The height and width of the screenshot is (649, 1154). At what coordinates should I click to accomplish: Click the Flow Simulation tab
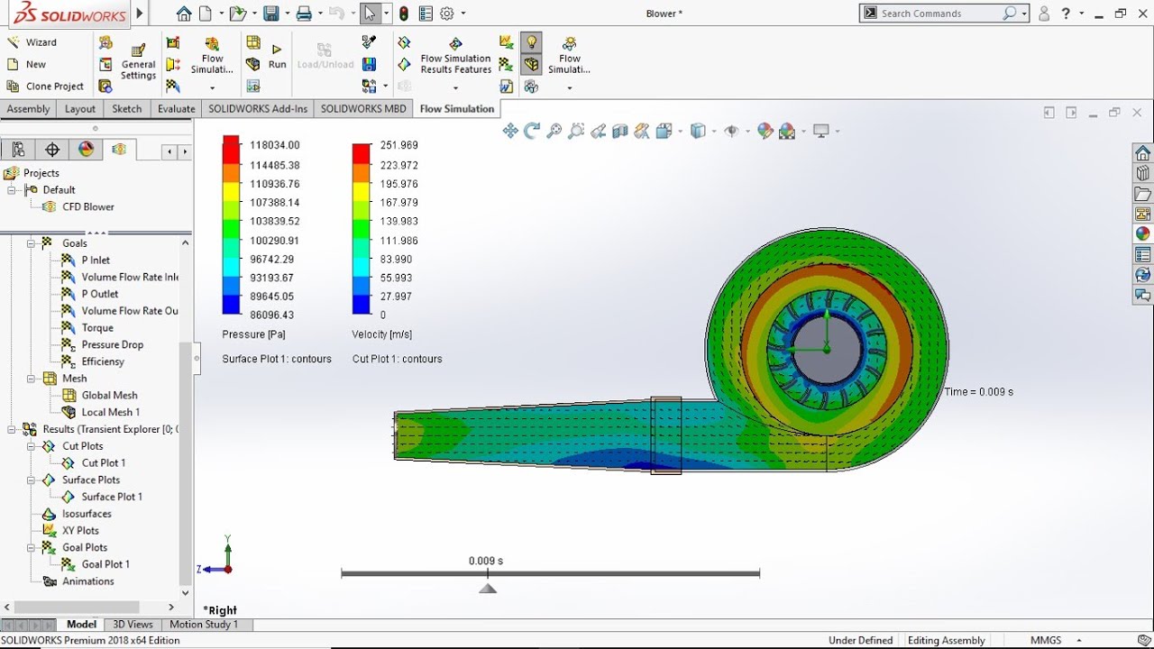coord(457,109)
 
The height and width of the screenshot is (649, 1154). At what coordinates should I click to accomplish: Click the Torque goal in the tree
coord(97,328)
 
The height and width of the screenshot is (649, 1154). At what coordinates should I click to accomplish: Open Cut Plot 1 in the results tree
coord(104,463)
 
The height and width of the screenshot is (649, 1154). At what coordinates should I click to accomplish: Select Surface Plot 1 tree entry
coord(112,497)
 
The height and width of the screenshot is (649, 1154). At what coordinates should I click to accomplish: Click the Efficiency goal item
coord(103,361)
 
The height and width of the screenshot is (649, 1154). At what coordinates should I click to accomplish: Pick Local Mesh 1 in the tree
coord(110,412)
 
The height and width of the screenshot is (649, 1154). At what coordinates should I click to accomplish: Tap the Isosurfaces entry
coord(87,514)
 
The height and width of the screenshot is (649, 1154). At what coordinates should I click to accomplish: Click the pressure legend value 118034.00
coord(274,145)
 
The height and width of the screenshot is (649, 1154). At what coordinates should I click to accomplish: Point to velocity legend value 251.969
coord(398,145)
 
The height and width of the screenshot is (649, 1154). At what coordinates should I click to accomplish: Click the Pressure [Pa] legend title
coord(253,334)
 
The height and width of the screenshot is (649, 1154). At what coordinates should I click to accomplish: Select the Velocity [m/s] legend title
coord(381,334)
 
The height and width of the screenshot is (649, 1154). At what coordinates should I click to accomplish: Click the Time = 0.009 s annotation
coord(978,392)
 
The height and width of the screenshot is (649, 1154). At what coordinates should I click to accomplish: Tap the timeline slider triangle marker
coord(488,589)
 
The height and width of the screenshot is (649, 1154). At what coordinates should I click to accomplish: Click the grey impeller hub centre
coord(825,349)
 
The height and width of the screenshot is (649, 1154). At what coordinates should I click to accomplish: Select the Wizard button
coord(41,42)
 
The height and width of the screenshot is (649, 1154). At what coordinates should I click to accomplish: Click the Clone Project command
coord(54,87)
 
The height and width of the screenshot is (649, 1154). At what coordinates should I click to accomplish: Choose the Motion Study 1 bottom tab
coord(204,625)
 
